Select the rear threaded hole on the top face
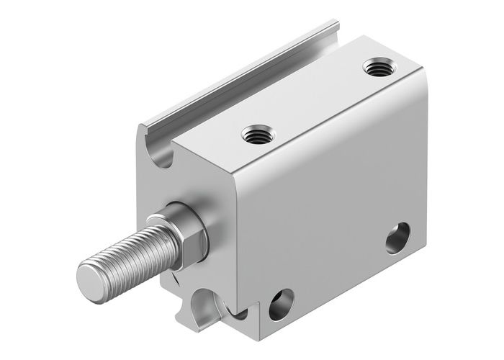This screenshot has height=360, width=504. point(375,69)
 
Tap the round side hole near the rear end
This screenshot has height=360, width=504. point(397,238)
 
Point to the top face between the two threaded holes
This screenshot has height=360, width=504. point(313,101)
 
